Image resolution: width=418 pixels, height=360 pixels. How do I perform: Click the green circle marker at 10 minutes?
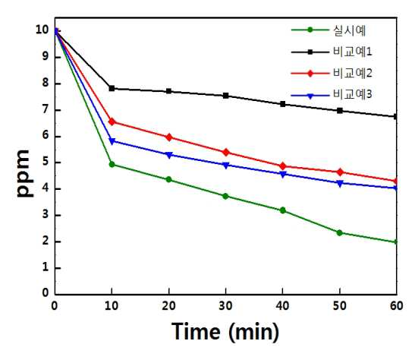pos(112,165)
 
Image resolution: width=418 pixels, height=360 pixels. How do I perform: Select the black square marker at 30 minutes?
pos(226,96)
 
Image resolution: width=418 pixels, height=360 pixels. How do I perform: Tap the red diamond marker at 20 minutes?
pos(168,137)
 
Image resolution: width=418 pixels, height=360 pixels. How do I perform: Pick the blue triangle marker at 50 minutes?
pos(340,183)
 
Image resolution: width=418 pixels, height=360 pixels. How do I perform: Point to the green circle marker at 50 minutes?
pos(340,232)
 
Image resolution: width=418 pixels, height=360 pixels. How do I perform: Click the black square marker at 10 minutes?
pos(112,88)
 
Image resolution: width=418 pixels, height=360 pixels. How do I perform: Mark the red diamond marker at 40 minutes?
pos(283,166)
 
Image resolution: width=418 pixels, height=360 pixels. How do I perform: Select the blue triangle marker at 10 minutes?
pos(112,141)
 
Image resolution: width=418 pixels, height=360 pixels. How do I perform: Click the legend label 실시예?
pos(350,30)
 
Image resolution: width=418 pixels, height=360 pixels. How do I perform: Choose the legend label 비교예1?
pos(353,52)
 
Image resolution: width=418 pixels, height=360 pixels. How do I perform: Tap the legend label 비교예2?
pos(353,73)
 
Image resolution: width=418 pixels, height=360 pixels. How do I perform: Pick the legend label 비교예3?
pos(353,94)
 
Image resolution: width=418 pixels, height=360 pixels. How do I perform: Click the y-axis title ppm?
pos(25,173)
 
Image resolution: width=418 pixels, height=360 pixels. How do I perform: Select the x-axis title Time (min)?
pos(225,332)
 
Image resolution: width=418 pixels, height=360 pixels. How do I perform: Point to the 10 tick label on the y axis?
pos(42,30)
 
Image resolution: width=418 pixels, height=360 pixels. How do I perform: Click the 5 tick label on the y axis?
pos(46,163)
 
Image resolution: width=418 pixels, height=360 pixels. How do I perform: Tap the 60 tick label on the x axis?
pos(397,306)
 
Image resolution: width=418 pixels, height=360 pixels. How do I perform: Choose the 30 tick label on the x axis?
pos(225,306)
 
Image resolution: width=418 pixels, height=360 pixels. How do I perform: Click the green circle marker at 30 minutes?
pos(225,196)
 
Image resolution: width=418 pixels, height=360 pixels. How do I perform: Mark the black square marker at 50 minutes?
pos(340,111)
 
